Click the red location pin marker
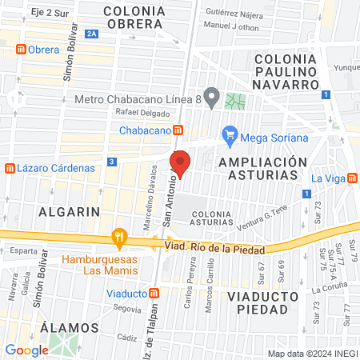(x=180, y=163)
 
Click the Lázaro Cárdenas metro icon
(x=10, y=169)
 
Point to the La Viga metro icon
(x=353, y=178)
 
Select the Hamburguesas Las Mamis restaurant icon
(x=120, y=236)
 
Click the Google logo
(x=26, y=350)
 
